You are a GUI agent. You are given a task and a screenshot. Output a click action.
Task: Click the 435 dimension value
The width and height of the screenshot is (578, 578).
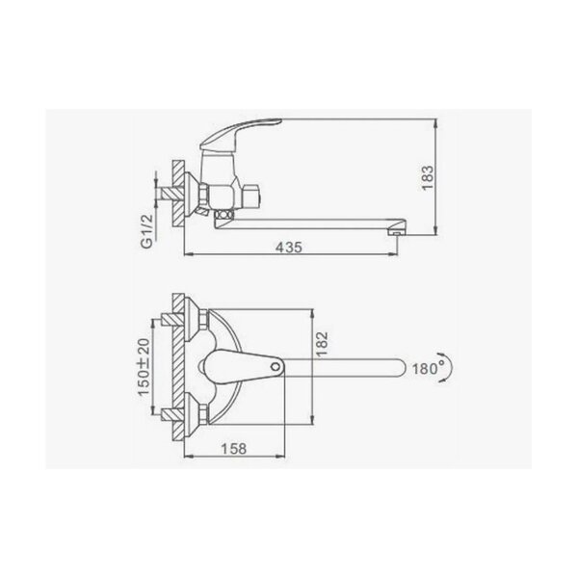[289, 247]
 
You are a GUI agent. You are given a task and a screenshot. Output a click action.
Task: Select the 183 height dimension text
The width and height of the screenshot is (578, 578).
[428, 177]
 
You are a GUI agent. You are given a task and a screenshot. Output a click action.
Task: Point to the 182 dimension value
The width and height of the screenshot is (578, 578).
[322, 344]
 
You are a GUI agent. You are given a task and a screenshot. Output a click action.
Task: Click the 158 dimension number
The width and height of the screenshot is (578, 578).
[234, 449]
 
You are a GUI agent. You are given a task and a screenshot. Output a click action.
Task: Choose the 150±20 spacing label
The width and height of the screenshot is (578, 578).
[144, 367]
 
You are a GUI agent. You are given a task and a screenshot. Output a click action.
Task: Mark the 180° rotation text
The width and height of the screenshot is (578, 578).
[428, 368]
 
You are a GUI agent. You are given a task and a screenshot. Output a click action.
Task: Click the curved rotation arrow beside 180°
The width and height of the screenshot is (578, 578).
[450, 367]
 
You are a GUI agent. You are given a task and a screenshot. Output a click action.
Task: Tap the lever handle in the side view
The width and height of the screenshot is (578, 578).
[240, 134]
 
